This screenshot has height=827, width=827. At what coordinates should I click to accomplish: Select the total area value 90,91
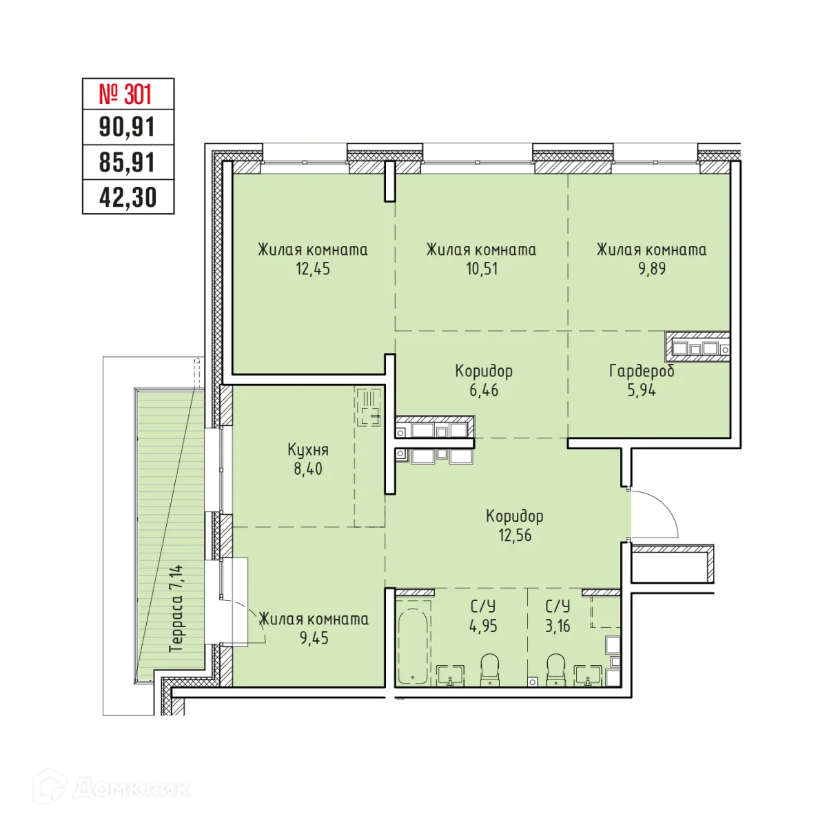(x=127, y=127)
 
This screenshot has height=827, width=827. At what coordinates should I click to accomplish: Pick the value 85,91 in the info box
(x=127, y=163)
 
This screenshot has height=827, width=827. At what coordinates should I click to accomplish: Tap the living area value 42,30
(x=127, y=198)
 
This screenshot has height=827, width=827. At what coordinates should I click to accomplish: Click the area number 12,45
(x=313, y=269)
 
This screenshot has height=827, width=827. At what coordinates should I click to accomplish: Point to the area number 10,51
(x=481, y=269)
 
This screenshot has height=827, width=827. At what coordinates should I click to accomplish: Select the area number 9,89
(x=651, y=269)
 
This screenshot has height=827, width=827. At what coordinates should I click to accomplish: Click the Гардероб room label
(x=642, y=371)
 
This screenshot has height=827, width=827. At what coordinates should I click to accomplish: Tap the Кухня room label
(x=308, y=450)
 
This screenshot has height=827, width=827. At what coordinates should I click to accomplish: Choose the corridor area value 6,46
(x=484, y=390)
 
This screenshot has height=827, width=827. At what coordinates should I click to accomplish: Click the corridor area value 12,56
(x=515, y=535)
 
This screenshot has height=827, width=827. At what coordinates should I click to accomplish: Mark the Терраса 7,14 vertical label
(x=176, y=609)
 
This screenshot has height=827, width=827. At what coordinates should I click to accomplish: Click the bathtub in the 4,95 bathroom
(x=413, y=645)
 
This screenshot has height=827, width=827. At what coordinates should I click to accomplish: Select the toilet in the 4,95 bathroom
(x=489, y=668)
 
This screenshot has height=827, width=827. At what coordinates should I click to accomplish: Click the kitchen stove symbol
(x=369, y=407)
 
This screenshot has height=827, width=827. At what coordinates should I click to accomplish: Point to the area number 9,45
(x=314, y=637)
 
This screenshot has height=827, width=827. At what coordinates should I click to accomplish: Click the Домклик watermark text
(x=131, y=788)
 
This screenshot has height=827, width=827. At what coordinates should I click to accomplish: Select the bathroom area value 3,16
(x=558, y=626)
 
